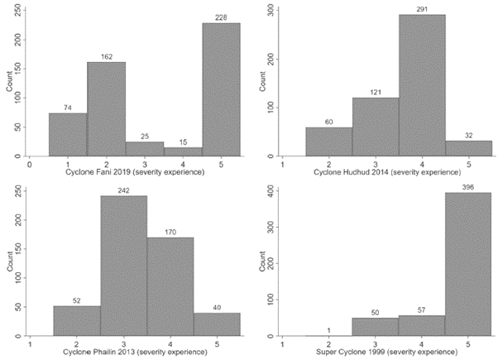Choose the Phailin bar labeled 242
pyautogui.click(x=123, y=266)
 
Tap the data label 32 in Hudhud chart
pyautogui.click(x=469, y=134)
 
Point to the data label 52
pyautogui.click(x=77, y=300)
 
